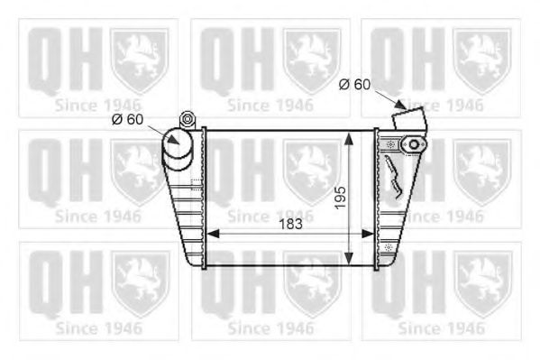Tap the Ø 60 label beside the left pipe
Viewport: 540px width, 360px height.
point(127,118)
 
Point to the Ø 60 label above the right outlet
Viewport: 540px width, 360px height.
point(354,84)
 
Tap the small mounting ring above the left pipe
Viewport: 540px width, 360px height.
point(188,117)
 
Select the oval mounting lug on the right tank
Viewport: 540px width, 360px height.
point(414,143)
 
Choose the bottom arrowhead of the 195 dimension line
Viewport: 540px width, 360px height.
point(352,259)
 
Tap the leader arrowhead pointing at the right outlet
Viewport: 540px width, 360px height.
point(393,106)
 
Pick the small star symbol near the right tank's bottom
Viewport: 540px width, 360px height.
point(388,245)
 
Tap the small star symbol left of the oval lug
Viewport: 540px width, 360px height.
point(390,144)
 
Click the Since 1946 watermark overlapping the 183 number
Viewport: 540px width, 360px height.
point(270,217)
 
